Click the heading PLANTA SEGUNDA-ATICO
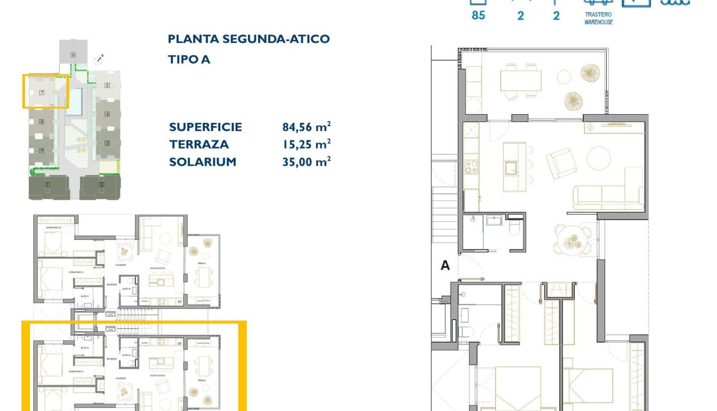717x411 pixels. pyautogui.click(x=248, y=39)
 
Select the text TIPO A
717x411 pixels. pyautogui.click(x=189, y=60)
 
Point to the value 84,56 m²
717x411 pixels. pyautogui.click(x=306, y=127)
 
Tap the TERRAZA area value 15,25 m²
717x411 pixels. pyautogui.click(x=306, y=145)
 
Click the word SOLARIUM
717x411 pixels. pyautogui.click(x=202, y=162)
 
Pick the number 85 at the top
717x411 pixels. pyautogui.click(x=478, y=15)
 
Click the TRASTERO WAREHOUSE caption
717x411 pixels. pyautogui.click(x=598, y=19)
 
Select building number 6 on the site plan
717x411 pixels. pyautogui.click(x=72, y=55)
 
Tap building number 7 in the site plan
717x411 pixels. pyautogui.click(x=41, y=93)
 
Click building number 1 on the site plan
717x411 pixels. pyautogui.click(x=47, y=185)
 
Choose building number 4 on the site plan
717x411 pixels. pyautogui.click(x=108, y=114)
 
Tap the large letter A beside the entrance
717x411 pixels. pyautogui.click(x=445, y=266)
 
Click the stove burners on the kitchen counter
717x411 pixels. pyautogui.click(x=471, y=166)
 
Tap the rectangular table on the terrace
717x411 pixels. pyautogui.click(x=520, y=81)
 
